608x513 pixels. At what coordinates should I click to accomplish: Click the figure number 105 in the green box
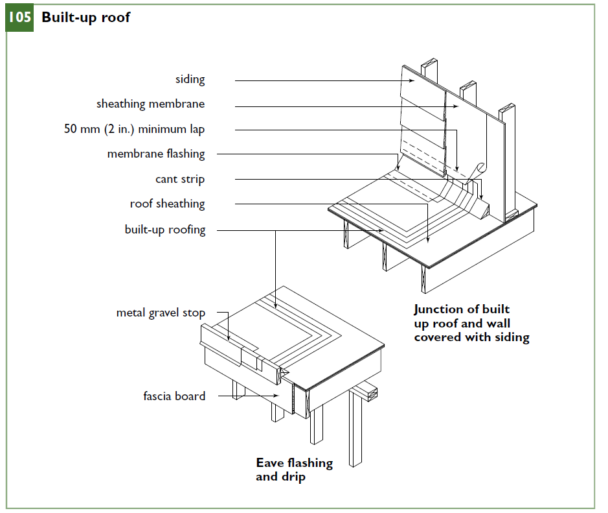tap(19, 18)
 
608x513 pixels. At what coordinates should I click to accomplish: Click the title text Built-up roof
tap(85, 18)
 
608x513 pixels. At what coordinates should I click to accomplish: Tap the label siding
tap(190, 80)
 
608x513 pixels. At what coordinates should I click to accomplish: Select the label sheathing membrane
tap(150, 104)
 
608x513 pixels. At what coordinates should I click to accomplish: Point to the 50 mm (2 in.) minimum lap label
tap(134, 129)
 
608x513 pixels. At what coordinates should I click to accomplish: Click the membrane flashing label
tap(155, 154)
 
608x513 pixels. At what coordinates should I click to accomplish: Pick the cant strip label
tap(179, 179)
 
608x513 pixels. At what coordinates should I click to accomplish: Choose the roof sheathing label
tap(167, 204)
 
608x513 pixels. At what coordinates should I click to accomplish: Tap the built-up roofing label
tap(164, 230)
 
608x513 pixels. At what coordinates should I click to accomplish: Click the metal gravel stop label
tap(161, 313)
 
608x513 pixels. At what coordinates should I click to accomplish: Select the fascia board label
tap(174, 396)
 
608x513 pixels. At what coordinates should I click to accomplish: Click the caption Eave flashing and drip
tap(294, 470)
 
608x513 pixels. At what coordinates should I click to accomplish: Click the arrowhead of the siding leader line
tap(414, 81)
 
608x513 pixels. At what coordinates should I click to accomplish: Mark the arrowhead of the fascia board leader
tap(278, 395)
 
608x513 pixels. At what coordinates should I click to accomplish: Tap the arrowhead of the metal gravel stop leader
tap(230, 339)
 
